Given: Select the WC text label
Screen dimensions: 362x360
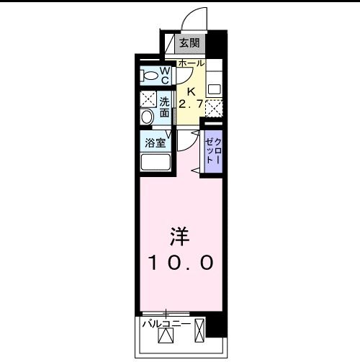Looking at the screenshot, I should click(164, 74).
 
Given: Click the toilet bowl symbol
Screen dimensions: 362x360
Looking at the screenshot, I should click(150, 73).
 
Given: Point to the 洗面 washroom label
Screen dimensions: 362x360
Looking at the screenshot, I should click(165, 107).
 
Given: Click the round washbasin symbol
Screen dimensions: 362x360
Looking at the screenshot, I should click(147, 117).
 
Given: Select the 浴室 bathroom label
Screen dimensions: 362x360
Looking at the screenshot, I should click(156, 142).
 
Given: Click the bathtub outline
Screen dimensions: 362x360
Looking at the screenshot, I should click(155, 161).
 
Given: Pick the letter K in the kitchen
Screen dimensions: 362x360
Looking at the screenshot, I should click(191, 92).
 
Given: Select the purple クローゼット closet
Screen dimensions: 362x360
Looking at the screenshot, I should click(214, 152).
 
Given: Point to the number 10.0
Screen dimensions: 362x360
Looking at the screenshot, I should click(181, 263).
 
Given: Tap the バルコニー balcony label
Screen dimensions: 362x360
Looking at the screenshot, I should click(166, 325).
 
